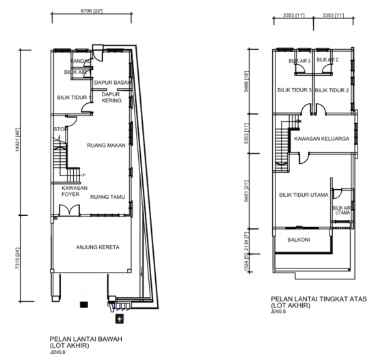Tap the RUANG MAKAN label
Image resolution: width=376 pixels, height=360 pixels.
pyautogui.click(x=106, y=145)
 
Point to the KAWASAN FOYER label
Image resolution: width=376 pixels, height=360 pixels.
pyautogui.click(x=72, y=191)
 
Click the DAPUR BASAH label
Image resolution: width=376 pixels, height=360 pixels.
pyautogui.click(x=112, y=83)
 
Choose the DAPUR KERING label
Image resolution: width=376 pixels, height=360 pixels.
pyautogui.click(x=111, y=98)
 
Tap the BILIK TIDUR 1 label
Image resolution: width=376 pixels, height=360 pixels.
pyautogui.click(x=74, y=98)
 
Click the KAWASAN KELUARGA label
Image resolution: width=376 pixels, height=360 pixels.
pyautogui.click(x=321, y=139)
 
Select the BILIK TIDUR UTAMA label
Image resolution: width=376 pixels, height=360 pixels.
pyautogui.click(x=304, y=195)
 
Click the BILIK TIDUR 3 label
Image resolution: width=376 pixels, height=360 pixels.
pyautogui.click(x=295, y=90)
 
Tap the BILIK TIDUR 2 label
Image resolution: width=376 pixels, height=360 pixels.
pyautogui.click(x=332, y=90)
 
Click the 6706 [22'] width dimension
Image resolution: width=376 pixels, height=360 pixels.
pyautogui.click(x=91, y=12)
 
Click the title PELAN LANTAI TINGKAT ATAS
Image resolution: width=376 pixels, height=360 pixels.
pyautogui.click(x=319, y=299)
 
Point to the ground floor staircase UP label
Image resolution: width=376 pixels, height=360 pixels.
pyautogui.click(x=83, y=176)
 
